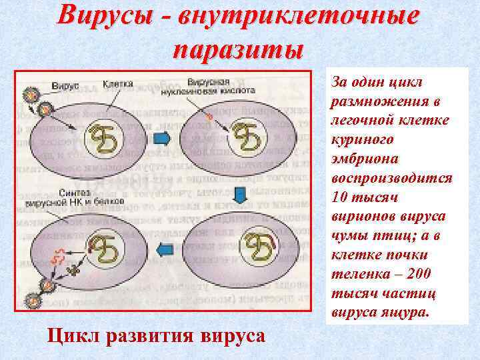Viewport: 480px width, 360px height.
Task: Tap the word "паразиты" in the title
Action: [x=237, y=49]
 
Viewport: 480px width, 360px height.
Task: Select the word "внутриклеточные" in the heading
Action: [x=296, y=16]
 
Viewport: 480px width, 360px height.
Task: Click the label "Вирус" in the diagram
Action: [x=68, y=86]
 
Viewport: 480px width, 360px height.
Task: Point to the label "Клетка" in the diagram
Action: [x=118, y=85]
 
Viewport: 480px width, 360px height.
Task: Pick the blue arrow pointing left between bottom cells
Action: [x=162, y=249]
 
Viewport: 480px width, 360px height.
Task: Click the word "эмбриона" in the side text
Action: [x=362, y=160]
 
